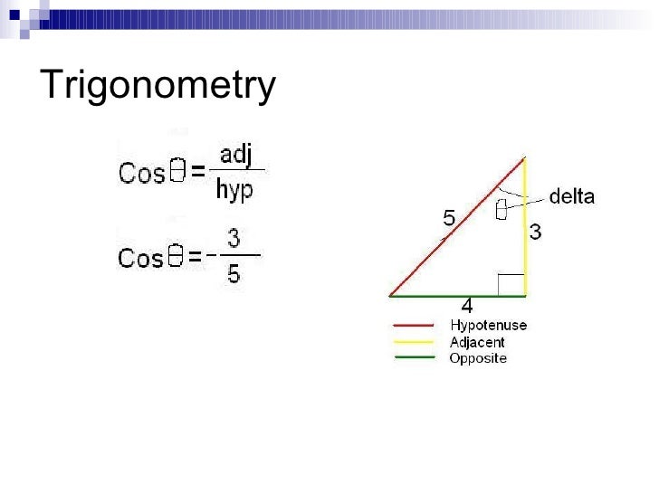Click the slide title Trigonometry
(x=158, y=86)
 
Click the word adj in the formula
(x=236, y=155)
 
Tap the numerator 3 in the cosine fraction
(x=234, y=239)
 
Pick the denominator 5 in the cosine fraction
(x=234, y=272)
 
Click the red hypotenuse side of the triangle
(x=457, y=227)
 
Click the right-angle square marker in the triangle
(x=511, y=283)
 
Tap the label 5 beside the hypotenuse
(x=449, y=218)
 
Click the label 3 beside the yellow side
(x=536, y=233)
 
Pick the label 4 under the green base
(x=467, y=306)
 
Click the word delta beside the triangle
(x=572, y=196)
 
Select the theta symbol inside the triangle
(x=501, y=210)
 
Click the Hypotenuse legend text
(x=488, y=326)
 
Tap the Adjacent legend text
(x=477, y=342)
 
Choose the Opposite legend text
(x=478, y=358)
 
